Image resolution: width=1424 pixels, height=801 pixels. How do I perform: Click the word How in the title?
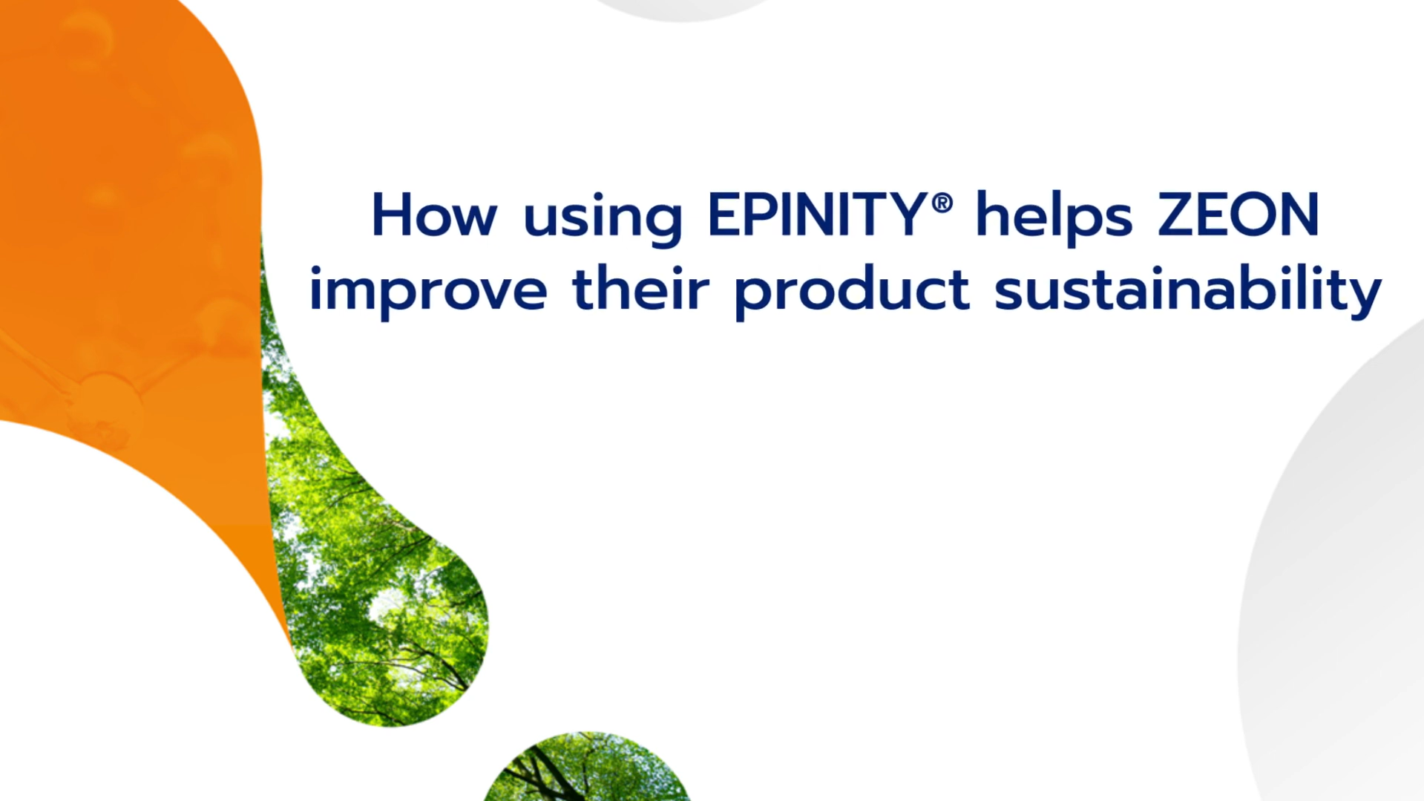(434, 215)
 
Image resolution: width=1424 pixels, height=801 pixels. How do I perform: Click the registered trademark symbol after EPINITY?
(942, 202)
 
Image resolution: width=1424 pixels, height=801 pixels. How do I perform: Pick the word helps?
(1054, 219)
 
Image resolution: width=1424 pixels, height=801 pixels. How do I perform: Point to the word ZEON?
(1238, 215)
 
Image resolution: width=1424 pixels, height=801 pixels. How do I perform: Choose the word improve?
(428, 293)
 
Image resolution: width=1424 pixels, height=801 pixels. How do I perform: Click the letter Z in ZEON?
(1177, 215)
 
